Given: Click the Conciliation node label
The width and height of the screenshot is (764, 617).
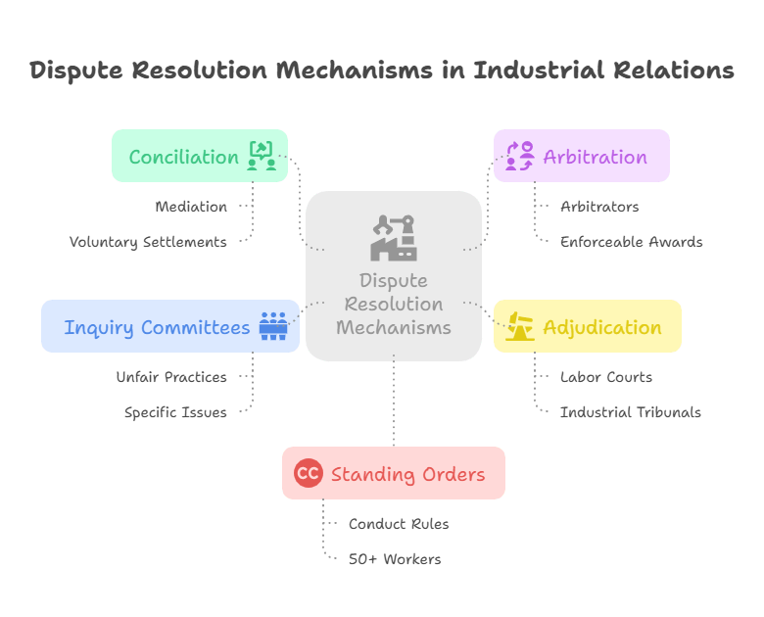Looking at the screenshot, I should coord(184,157).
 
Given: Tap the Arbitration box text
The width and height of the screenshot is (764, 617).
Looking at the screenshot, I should coord(595,157).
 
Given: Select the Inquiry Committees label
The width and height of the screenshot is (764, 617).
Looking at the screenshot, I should coord(157,327).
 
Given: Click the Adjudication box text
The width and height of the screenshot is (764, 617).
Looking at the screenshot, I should coord(601,327).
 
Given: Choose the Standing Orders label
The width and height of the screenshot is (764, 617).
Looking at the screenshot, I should coord(407,474).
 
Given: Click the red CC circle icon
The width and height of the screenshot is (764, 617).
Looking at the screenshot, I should coord(308,474).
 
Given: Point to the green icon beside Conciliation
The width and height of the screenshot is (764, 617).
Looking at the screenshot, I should coord(262,156).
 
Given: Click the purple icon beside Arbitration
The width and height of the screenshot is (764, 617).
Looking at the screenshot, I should coord(519,156).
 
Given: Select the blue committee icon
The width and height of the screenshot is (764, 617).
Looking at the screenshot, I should coord(273,326).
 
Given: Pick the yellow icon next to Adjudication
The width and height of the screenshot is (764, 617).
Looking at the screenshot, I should coord(519,326).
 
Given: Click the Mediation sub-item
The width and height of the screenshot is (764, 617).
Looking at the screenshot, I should coord(191,207).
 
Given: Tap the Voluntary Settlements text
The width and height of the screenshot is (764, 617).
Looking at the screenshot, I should coord(148,241).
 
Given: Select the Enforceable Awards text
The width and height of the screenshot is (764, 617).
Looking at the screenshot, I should coord(631,241).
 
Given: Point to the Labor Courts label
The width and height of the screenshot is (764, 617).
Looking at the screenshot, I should coord(605,377).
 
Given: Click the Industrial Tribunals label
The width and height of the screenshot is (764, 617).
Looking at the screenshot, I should coord(630,412).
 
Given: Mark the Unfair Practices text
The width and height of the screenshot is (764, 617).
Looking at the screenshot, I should coord(170,377).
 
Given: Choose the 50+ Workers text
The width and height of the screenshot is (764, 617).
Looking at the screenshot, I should coord(395,559).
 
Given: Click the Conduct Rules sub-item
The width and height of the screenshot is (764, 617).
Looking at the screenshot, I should coord(399,524).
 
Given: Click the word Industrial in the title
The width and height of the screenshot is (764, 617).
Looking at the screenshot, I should coord(537,71).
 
